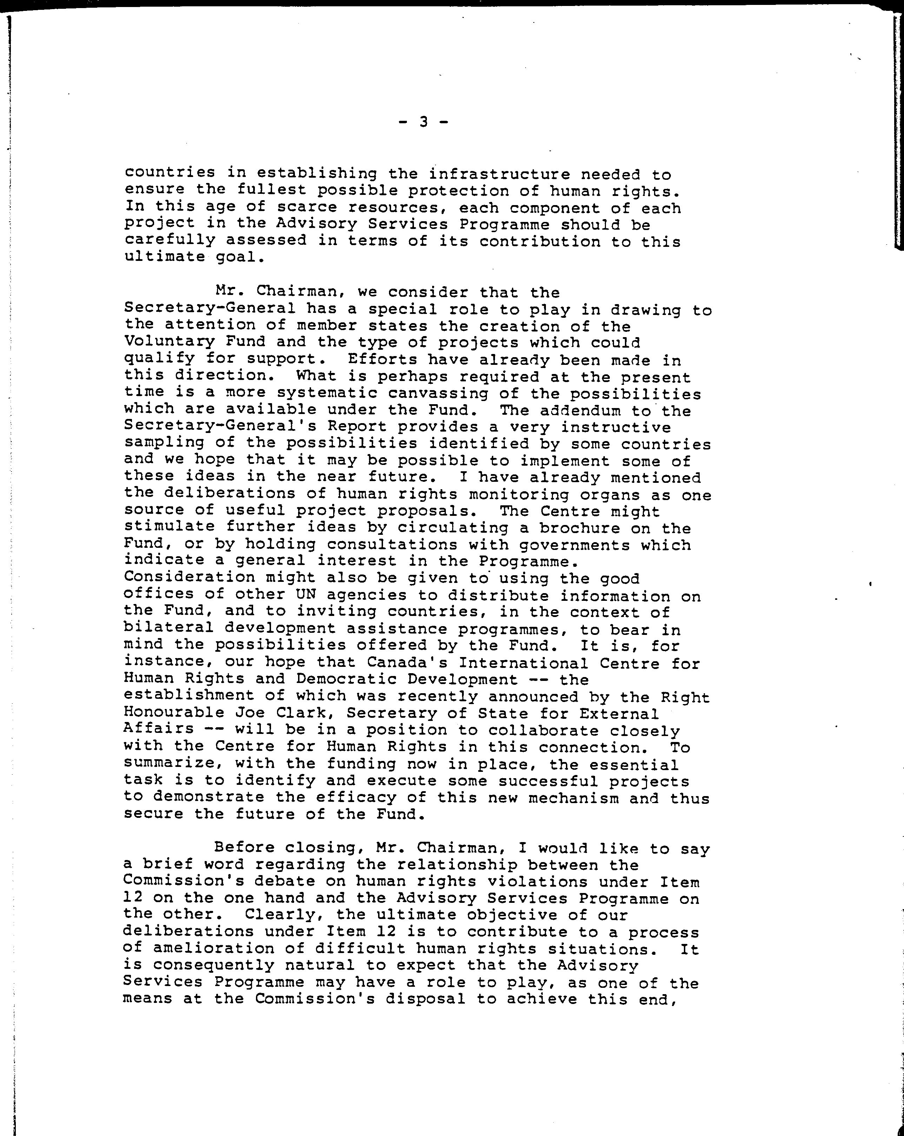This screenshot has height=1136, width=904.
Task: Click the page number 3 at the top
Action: [423, 122]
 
